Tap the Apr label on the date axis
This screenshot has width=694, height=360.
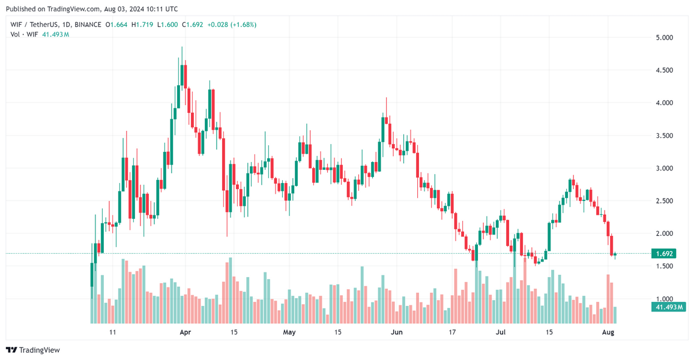tap(185, 332)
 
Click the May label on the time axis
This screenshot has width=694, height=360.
tap(289, 332)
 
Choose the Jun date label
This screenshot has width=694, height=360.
tap(396, 332)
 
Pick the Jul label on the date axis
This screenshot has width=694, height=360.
tap(500, 332)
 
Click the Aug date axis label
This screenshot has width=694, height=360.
tap(608, 332)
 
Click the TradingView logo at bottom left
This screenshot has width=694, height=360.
tap(33, 350)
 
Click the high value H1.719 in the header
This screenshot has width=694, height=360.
tap(142, 25)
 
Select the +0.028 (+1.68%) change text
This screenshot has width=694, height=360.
tap(232, 25)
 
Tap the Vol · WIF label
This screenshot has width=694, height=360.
tap(25, 34)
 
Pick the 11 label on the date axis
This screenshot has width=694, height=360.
tap(112, 332)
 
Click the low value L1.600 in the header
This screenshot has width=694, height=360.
tap(168, 25)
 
